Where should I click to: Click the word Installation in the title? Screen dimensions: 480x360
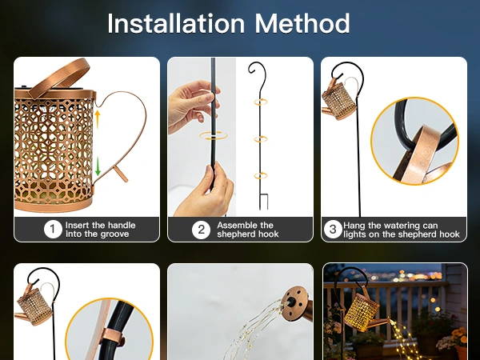tap(176, 23)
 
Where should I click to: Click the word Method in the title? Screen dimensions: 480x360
tap(302, 23)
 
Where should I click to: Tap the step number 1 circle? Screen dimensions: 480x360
tap(53, 230)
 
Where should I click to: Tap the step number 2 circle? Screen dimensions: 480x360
tap(201, 230)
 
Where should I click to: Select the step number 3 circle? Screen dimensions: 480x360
tap(333, 229)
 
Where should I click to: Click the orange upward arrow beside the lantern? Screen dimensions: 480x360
tap(98, 118)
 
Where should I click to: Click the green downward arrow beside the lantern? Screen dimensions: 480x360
tap(98, 166)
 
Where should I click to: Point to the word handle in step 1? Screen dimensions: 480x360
tap(122, 226)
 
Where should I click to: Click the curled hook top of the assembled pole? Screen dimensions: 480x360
tap(256, 69)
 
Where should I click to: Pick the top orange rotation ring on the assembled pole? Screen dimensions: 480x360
tap(260, 102)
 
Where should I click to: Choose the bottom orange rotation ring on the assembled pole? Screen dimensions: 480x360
tap(260, 176)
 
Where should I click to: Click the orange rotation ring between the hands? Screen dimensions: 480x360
tap(214, 136)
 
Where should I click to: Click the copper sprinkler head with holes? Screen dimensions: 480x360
tap(295, 304)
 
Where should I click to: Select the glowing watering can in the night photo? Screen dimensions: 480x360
tap(364, 313)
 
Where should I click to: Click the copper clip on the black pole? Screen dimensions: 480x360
tap(114, 338)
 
